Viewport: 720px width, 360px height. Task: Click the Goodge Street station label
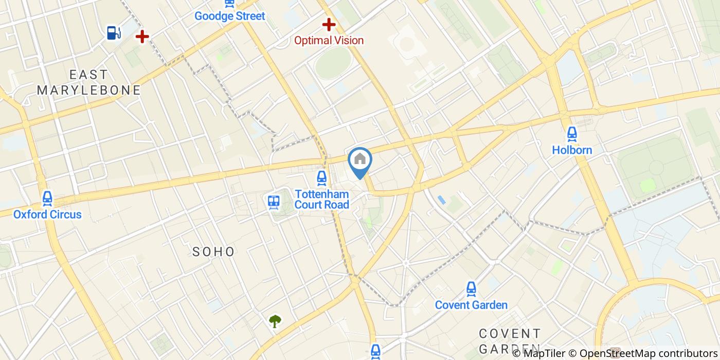[229, 16]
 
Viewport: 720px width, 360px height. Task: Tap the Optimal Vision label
[329, 40]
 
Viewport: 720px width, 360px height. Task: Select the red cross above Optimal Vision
[329, 24]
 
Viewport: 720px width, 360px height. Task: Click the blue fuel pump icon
[114, 33]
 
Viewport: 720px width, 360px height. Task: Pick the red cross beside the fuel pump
[142, 36]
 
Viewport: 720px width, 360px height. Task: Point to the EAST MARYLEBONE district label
[88, 82]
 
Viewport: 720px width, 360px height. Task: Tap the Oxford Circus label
[47, 214]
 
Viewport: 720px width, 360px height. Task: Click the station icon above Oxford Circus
[47, 198]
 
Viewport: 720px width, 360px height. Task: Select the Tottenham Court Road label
[322, 200]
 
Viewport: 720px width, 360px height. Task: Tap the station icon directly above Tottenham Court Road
[322, 178]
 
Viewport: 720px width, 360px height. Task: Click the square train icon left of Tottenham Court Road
[274, 202]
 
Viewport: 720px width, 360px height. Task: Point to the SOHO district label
[213, 251]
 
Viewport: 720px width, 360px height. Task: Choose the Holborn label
[572, 150]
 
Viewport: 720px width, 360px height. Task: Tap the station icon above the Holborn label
[572, 134]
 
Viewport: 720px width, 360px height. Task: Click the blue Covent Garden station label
[471, 305]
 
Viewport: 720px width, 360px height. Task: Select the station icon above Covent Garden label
[471, 289]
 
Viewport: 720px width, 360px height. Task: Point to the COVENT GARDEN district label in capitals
[510, 340]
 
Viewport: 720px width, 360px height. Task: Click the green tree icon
[275, 321]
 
